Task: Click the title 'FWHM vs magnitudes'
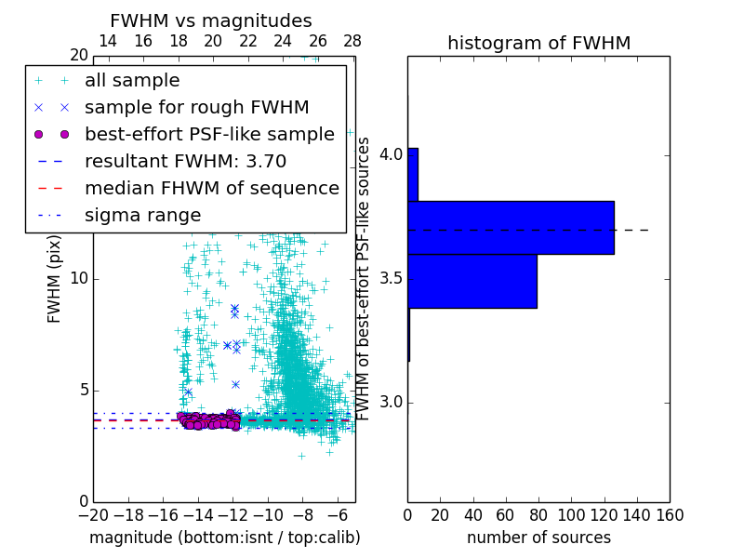pyautogui.click(x=210, y=21)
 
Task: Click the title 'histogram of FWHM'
pyautogui.click(x=538, y=43)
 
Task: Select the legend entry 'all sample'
pyautogui.click(x=132, y=81)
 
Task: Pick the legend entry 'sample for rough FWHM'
pyautogui.click(x=196, y=107)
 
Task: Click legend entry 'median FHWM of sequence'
pyautogui.click(x=211, y=188)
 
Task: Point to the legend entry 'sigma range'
pyautogui.click(x=142, y=215)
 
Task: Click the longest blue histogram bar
pyautogui.click(x=511, y=227)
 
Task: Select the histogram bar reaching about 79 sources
pyautogui.click(x=472, y=281)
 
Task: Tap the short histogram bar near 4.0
pyautogui.click(x=413, y=174)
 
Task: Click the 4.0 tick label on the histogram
pyautogui.click(x=390, y=154)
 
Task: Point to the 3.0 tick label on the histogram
pyautogui.click(x=390, y=403)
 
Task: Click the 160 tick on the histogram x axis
pyautogui.click(x=669, y=513)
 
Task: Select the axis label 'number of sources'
pyautogui.click(x=538, y=538)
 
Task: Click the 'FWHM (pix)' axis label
pyautogui.click(x=55, y=279)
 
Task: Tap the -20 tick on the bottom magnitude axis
pyautogui.click(x=93, y=513)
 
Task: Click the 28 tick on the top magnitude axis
pyautogui.click(x=352, y=41)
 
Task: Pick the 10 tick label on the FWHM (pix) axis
pyautogui.click(x=78, y=279)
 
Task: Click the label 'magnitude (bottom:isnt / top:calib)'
pyautogui.click(x=224, y=538)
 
